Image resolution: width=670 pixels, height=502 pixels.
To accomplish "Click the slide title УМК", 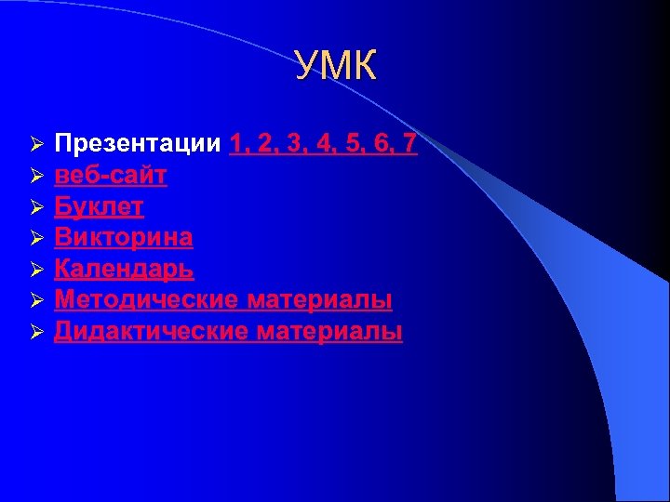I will pyautogui.click(x=336, y=67).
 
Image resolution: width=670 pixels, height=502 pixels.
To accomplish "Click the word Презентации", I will pyautogui.click(x=138, y=144).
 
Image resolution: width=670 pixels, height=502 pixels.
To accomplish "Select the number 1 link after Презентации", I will pyautogui.click(x=236, y=144).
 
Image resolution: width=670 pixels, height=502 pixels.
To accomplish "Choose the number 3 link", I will pyautogui.click(x=295, y=144).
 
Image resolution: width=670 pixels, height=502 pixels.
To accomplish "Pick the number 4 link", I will pyautogui.click(x=326, y=144).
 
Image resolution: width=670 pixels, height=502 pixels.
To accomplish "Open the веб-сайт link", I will pyautogui.click(x=111, y=175).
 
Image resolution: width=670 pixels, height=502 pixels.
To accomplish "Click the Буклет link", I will pyautogui.click(x=99, y=206).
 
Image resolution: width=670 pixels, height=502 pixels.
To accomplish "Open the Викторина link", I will pyautogui.click(x=124, y=237).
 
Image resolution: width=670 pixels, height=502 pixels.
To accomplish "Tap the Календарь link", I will pyautogui.click(x=124, y=269).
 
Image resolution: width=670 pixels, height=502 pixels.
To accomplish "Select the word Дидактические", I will pyautogui.click(x=150, y=331).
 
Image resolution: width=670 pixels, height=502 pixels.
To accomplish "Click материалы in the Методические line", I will pyautogui.click(x=320, y=299).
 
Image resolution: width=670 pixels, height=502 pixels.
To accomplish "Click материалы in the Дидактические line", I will pyautogui.click(x=330, y=331).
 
